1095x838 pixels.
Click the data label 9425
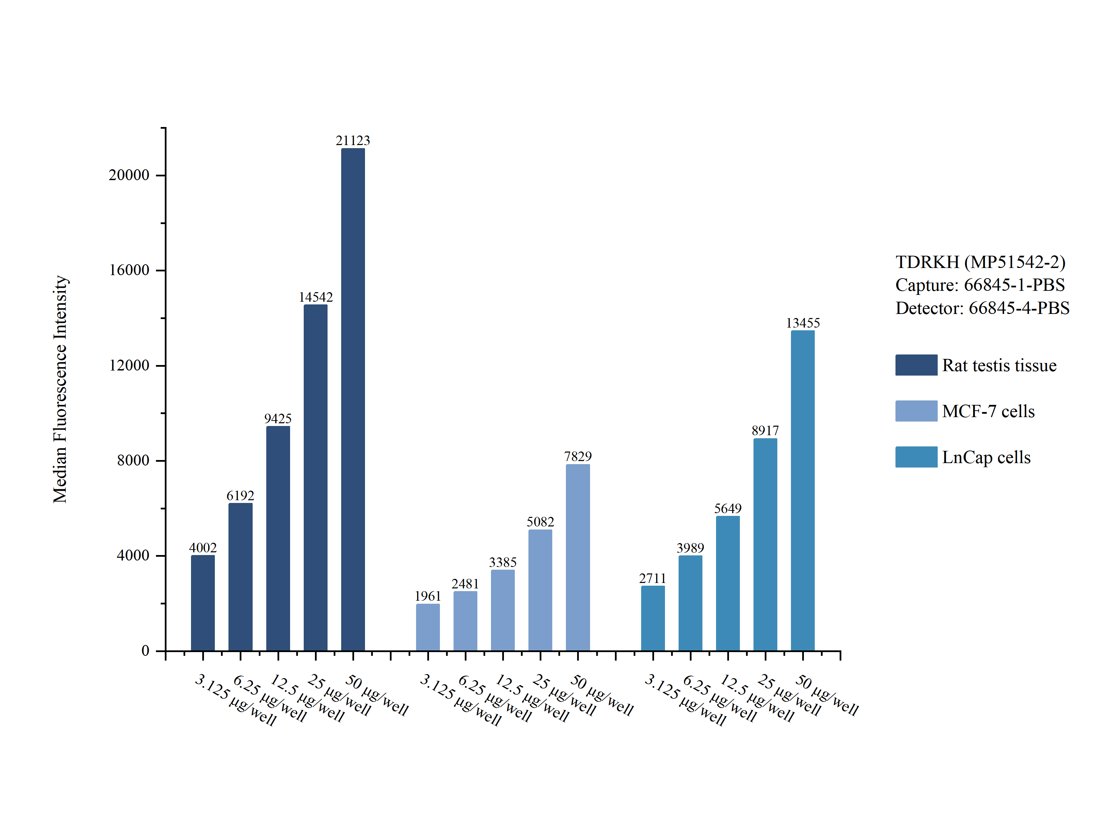(278, 418)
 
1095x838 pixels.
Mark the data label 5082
(540, 522)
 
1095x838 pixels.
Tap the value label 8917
(765, 430)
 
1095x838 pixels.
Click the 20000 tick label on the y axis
(129, 175)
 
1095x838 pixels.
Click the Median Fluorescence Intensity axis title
(60, 389)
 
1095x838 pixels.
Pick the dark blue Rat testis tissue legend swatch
(916, 365)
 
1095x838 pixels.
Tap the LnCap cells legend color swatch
(916, 457)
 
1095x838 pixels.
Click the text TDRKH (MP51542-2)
(980, 262)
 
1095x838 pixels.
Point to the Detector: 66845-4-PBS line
(982, 308)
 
